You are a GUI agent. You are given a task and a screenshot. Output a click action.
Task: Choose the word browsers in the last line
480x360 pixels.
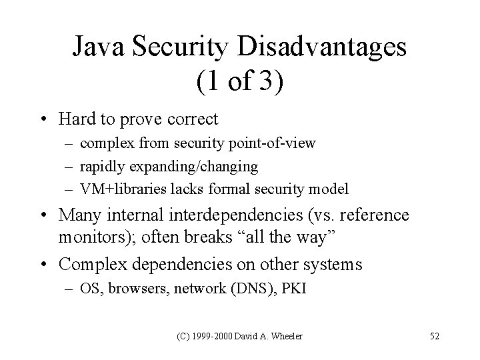(132, 291)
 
